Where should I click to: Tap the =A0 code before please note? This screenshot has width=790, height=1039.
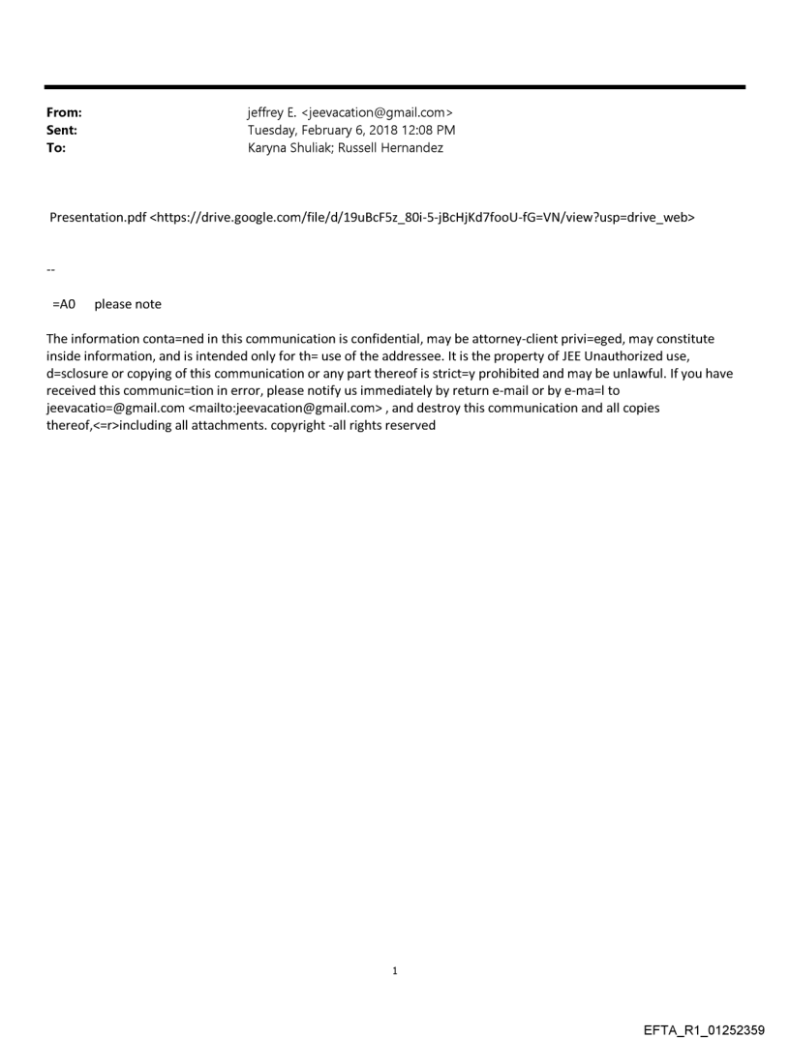[64, 304]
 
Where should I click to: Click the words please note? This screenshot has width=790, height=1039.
[128, 304]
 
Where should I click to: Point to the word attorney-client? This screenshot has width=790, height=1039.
[545, 339]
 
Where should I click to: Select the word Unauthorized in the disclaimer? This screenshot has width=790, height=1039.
[637, 356]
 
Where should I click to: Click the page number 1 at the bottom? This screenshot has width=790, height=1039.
[394, 970]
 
